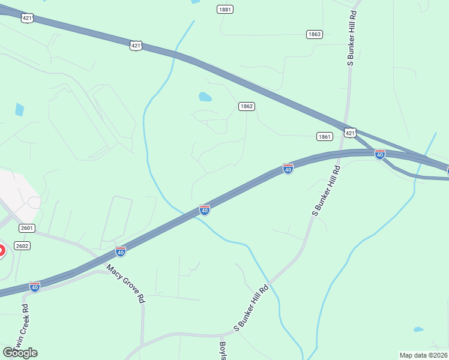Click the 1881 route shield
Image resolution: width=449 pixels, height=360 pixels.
pyautogui.click(x=226, y=10)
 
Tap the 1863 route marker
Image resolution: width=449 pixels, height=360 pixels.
pyautogui.click(x=315, y=34)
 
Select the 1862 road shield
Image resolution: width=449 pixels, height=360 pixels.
pyautogui.click(x=247, y=106)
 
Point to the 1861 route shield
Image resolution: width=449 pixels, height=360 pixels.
pyautogui.click(x=325, y=137)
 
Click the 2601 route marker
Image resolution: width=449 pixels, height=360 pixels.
pyautogui.click(x=26, y=228)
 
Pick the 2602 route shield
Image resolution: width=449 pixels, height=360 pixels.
pyautogui.click(x=22, y=245)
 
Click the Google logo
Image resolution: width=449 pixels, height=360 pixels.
pyautogui.click(x=20, y=353)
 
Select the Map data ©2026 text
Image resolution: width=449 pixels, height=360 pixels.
pyautogui.click(x=423, y=355)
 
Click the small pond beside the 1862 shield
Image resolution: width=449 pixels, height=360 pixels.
pyautogui.click(x=205, y=97)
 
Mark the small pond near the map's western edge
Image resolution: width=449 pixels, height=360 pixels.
pyautogui.click(x=19, y=109)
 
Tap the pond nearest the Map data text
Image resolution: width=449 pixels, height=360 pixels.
pyautogui.click(x=418, y=329)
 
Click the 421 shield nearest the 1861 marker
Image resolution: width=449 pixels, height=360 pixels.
pyautogui.click(x=351, y=132)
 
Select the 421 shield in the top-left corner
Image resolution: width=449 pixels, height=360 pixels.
pyautogui.click(x=27, y=19)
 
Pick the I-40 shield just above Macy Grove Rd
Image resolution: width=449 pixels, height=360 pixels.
pyautogui.click(x=121, y=251)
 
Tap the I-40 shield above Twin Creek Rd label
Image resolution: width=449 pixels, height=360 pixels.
pyautogui.click(x=35, y=287)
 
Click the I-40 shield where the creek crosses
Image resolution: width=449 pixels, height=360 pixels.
pyautogui.click(x=205, y=210)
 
